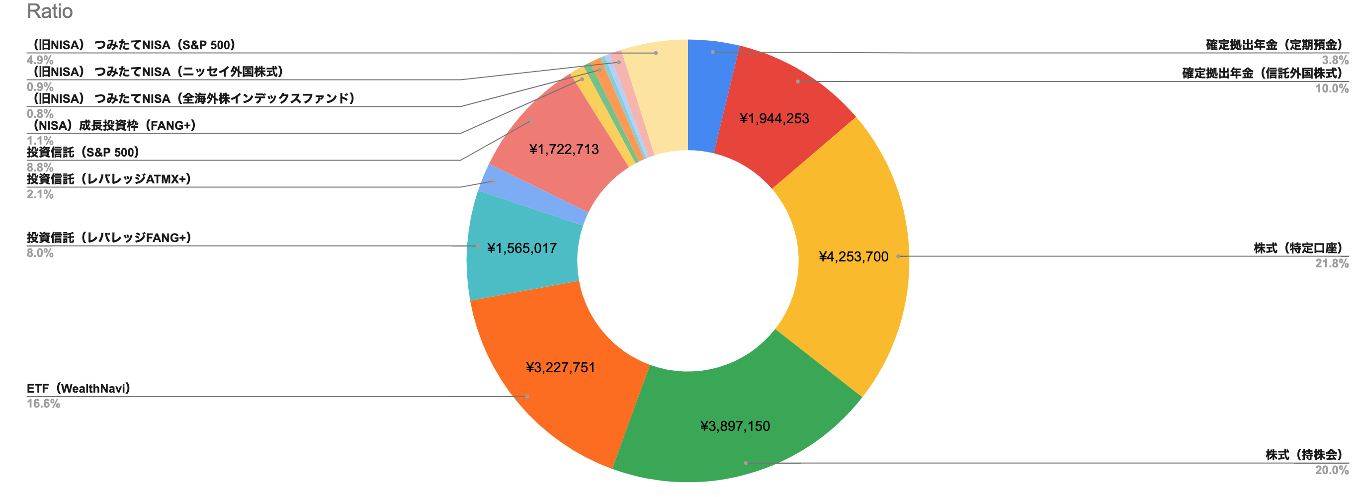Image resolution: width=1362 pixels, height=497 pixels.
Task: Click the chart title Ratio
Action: [x=50, y=11]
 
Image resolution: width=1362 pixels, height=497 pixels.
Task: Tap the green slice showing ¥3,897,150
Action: [x=735, y=426]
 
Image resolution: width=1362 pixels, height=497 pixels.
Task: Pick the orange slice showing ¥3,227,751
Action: [x=560, y=367]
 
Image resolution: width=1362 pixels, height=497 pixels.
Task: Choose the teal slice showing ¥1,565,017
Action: [x=522, y=248]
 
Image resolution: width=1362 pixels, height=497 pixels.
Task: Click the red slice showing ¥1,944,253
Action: [x=774, y=118]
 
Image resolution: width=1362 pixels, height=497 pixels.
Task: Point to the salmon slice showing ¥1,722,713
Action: [x=564, y=150]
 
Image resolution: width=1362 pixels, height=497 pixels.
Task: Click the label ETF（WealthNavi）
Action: [x=79, y=389]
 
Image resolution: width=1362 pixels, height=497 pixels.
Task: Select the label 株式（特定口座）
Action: [x=1298, y=248]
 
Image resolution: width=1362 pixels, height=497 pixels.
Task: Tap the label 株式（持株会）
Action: [x=1304, y=455]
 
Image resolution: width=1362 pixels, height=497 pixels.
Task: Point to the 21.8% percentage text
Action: [x=1331, y=263]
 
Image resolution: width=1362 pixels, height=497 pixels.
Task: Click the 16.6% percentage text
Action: [x=43, y=404]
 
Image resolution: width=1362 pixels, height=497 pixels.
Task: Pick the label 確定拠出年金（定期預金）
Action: [x=1274, y=45]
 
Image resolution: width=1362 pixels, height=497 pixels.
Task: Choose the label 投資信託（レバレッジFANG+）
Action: [x=109, y=238]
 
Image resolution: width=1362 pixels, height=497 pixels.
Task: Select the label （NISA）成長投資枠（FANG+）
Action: [x=111, y=125]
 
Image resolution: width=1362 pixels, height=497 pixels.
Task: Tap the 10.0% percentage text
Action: [x=1331, y=88]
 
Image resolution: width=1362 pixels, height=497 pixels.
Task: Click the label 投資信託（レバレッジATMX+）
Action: [x=109, y=179]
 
